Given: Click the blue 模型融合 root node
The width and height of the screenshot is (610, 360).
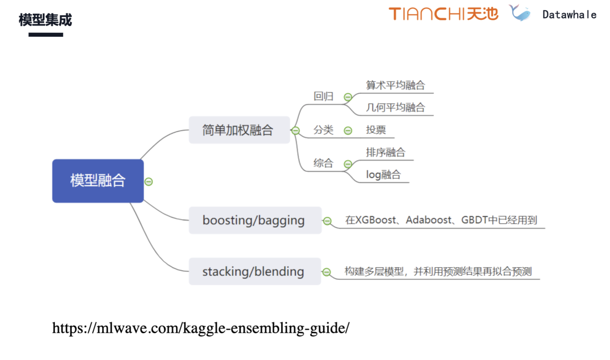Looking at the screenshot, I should pos(98,181).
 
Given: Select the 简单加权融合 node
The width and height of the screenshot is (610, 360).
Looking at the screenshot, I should pos(239,130).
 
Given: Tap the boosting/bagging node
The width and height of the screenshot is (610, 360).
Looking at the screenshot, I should pos(254,220).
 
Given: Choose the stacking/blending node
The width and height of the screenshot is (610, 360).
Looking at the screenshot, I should pos(254,271).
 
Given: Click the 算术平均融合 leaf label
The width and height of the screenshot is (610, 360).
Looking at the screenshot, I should pos(395,85).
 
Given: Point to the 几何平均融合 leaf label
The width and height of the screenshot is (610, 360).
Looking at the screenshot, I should pos(395,107).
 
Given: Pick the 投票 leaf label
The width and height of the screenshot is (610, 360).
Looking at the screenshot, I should pos(376,130).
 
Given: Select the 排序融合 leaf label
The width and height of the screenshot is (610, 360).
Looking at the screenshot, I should pos(385,153).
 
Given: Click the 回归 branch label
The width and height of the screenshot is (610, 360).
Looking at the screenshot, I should pos(324,96).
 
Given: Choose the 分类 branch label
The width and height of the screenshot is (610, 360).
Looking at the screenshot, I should pos(324,130).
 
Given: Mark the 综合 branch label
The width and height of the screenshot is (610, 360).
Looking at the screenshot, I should pos(324,163).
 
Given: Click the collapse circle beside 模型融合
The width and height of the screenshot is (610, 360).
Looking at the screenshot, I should pos(149,181).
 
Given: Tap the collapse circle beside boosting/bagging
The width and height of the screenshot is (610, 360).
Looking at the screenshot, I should pos(327,221).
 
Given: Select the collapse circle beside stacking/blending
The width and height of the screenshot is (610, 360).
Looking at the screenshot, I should pos(326,272).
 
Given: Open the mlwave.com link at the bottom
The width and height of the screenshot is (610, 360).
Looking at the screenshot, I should pos(201,328).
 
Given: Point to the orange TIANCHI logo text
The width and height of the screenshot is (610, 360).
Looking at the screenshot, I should pos(427,14).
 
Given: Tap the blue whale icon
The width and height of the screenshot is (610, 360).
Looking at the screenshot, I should pos(520,13).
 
